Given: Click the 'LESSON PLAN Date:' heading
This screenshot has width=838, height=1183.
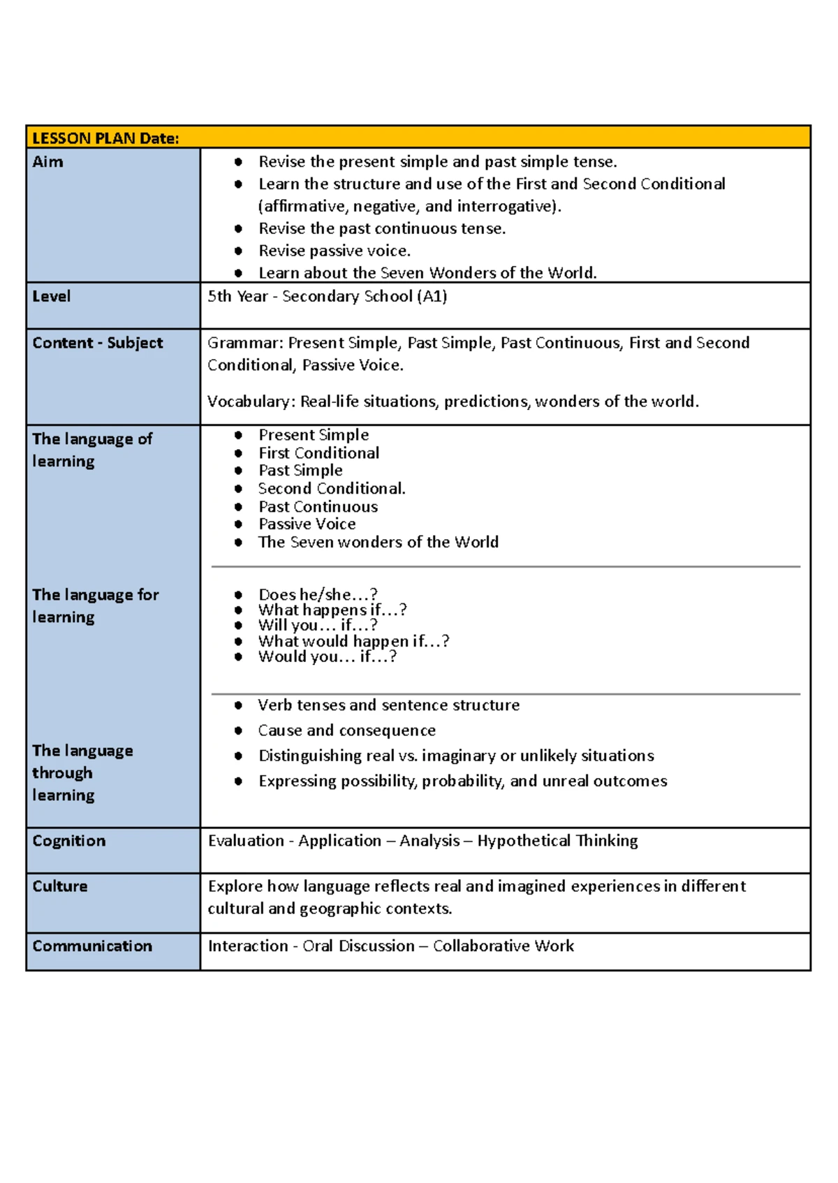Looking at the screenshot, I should [x=105, y=138].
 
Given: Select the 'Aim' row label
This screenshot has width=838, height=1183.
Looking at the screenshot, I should [x=47, y=162].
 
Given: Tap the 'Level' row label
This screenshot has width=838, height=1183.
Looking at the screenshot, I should [x=51, y=296].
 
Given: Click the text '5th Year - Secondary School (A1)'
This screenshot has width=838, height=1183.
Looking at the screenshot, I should [x=327, y=296].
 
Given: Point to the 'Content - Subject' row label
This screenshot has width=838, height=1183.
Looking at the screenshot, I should [x=97, y=343].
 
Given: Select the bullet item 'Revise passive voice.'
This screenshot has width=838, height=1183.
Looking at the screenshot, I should [x=334, y=251].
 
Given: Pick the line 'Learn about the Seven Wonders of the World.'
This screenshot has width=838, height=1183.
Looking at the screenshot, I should [x=427, y=273].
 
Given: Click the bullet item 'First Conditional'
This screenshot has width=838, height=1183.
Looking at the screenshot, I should [x=318, y=453].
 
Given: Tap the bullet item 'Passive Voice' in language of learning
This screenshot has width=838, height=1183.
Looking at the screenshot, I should [x=307, y=524].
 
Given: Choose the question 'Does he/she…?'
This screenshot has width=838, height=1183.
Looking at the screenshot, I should [x=318, y=595].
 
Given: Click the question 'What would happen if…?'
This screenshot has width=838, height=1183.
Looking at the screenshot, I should [x=353, y=641].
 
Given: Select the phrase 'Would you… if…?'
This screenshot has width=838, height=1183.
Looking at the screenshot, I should [x=327, y=656].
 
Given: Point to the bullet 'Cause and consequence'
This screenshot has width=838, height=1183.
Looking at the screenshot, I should [x=346, y=730].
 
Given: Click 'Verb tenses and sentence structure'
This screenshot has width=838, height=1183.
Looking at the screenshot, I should [x=388, y=705].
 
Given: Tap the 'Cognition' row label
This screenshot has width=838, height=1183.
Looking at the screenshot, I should [x=68, y=841].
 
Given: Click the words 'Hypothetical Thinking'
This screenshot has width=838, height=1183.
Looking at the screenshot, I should [x=557, y=841].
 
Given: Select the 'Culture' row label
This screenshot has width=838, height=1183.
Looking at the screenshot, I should [x=59, y=886].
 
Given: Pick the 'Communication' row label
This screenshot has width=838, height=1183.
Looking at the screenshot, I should [x=91, y=946].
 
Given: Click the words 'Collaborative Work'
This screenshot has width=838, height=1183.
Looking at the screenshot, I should [x=503, y=946].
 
